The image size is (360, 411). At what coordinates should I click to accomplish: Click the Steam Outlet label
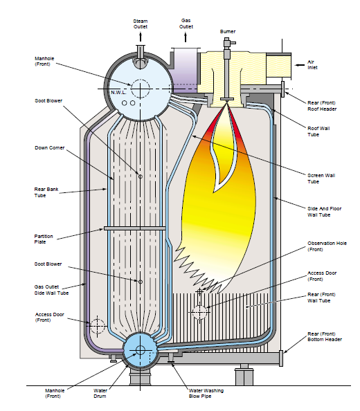(141, 24)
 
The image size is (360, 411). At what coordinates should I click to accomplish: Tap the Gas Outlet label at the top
(186, 24)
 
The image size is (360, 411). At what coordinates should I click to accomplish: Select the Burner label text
(228, 31)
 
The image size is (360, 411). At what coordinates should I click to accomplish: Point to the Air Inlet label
(312, 65)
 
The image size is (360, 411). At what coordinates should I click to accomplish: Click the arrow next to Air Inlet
(300, 65)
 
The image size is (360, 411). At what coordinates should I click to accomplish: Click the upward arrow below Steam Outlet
(141, 37)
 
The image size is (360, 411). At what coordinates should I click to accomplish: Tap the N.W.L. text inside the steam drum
(118, 92)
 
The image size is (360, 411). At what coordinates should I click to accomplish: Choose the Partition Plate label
(44, 239)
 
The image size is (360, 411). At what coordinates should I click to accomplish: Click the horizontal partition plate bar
(135, 228)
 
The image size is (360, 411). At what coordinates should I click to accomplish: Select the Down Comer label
(50, 148)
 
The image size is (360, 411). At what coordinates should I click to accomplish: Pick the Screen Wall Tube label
(321, 179)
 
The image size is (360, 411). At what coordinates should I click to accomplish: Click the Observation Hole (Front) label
(327, 246)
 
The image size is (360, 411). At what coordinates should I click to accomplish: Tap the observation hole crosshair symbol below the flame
(200, 291)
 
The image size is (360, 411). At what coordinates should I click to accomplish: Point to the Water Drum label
(100, 393)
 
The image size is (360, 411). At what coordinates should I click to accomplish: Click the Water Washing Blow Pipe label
(206, 393)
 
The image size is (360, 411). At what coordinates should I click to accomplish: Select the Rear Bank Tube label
(46, 192)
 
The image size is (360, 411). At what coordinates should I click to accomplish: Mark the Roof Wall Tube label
(318, 131)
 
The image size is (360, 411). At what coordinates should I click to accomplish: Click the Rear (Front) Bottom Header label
(325, 336)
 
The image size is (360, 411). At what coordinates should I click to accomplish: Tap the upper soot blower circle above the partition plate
(141, 176)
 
